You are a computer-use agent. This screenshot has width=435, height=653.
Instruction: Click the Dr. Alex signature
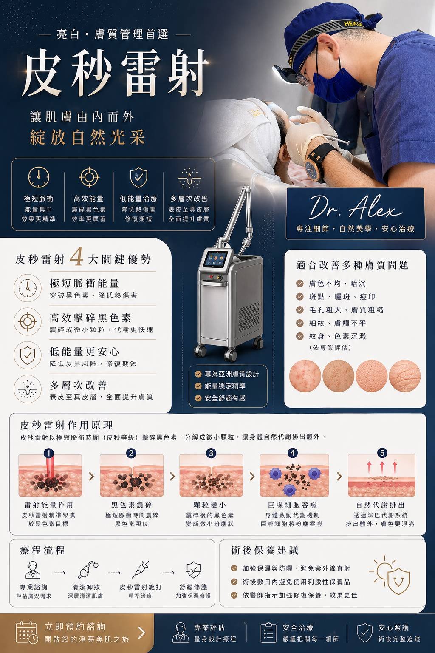point(356,207)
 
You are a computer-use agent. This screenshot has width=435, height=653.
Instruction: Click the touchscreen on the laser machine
point(216,259)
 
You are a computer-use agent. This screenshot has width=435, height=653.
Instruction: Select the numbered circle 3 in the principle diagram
point(211,453)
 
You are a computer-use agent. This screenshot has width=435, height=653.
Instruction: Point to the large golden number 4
point(76,256)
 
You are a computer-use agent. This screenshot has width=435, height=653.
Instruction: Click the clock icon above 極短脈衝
point(39,177)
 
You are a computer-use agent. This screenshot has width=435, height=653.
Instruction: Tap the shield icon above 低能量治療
point(138,177)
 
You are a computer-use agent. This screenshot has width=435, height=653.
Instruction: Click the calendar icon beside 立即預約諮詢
point(26,632)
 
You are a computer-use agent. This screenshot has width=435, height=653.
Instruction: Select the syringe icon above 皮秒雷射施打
point(140,569)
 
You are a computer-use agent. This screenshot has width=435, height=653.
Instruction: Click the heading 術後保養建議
point(265,551)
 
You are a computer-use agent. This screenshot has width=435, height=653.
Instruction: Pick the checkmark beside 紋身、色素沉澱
point(299,336)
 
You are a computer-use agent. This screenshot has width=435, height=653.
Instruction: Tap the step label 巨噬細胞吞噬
point(292,505)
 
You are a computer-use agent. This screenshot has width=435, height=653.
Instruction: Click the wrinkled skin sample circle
point(405,375)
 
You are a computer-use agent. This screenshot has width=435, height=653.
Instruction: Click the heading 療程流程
point(42,551)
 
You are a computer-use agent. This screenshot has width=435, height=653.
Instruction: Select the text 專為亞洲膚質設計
point(232,374)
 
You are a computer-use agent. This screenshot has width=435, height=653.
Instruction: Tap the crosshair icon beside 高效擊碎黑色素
point(28,321)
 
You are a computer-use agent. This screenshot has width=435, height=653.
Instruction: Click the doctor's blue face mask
point(335,85)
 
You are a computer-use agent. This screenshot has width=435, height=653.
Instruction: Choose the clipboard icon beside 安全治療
point(268,632)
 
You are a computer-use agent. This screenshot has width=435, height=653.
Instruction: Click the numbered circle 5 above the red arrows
point(382,453)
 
